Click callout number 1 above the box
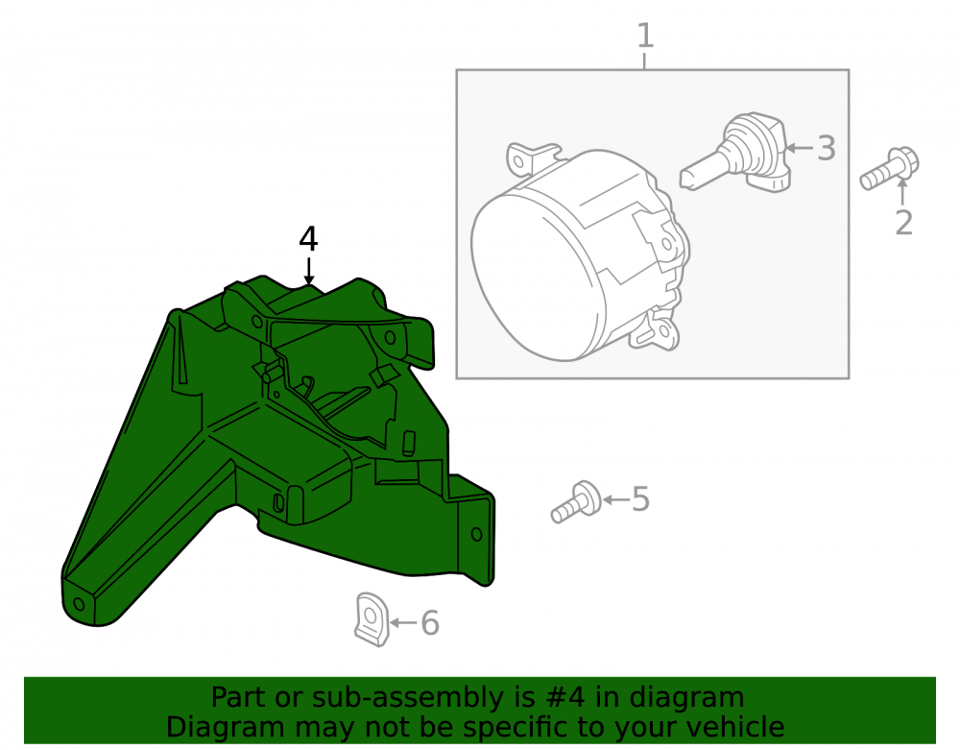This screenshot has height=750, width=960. click(x=645, y=36)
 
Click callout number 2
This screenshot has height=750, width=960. click(x=903, y=223)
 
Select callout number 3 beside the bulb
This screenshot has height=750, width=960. click(x=827, y=148)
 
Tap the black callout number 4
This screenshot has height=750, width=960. click(x=308, y=239)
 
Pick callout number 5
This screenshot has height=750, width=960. click(x=640, y=499)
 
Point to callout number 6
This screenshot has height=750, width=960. click(x=430, y=623)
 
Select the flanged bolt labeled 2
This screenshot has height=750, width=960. click(x=889, y=168)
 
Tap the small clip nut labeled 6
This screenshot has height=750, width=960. click(x=372, y=619)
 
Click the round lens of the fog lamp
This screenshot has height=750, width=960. click(x=532, y=278)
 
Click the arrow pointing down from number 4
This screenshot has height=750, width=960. click(x=308, y=271)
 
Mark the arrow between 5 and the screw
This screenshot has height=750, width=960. click(x=616, y=499)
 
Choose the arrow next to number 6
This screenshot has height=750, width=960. click(x=403, y=623)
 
